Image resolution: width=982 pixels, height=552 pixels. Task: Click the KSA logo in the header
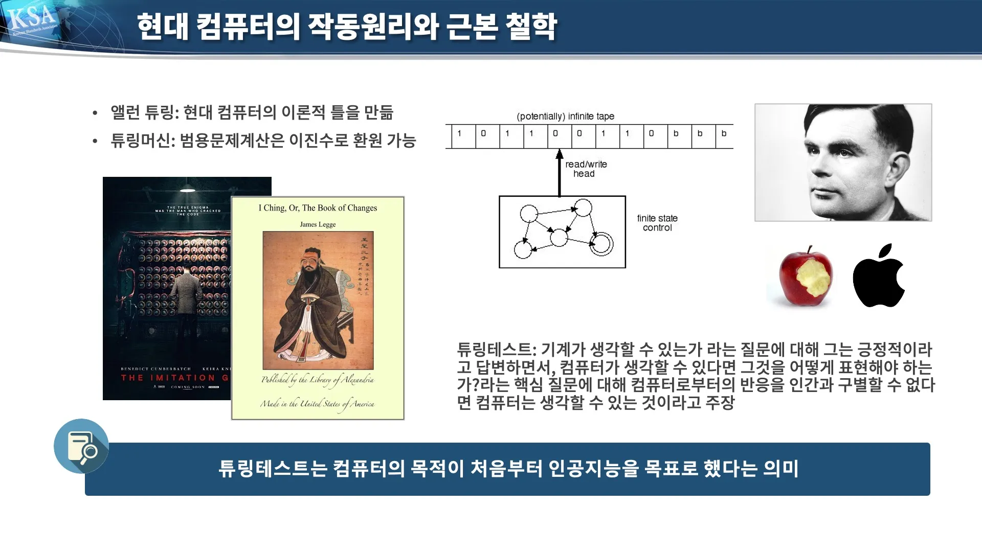click(x=32, y=20)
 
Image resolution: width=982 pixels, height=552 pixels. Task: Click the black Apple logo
click(x=878, y=278)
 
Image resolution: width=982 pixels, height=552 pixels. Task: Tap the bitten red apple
click(x=805, y=277)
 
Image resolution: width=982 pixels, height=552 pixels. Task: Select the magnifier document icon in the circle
click(x=81, y=446)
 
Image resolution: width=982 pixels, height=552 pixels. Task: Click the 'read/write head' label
click(x=586, y=169)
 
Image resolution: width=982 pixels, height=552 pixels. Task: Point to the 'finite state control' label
click(x=657, y=223)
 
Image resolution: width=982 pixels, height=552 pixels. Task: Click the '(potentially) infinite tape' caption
click(x=565, y=117)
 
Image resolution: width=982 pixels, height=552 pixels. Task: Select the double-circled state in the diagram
click(x=601, y=243)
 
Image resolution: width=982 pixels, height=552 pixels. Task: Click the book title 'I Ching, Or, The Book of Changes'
click(x=318, y=208)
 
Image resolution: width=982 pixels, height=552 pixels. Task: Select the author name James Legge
click(x=318, y=224)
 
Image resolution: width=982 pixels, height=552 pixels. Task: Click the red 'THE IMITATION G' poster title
click(x=174, y=378)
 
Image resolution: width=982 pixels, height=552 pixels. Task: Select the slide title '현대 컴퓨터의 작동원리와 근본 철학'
click(x=347, y=27)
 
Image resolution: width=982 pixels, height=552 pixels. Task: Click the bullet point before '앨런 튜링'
click(x=95, y=113)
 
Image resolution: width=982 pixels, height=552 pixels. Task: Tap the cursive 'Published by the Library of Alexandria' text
click(x=318, y=380)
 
